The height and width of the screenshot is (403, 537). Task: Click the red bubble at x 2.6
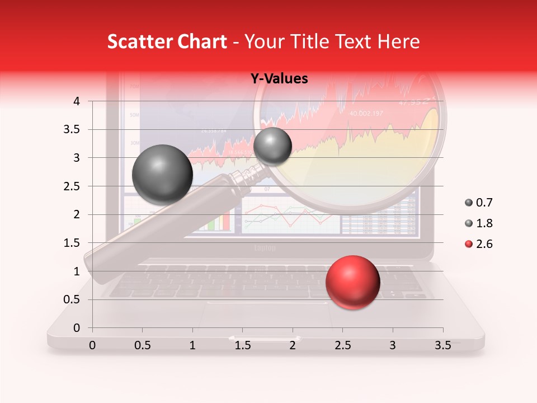coord(352,282)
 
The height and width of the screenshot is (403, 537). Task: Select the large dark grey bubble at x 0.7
coord(162,175)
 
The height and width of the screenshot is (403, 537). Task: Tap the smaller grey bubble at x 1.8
coord(272,146)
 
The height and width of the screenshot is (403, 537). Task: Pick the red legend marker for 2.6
coord(469,244)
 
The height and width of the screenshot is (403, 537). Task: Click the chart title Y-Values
coord(279,79)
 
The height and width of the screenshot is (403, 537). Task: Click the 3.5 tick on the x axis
coord(442,345)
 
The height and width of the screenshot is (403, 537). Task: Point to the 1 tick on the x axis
coord(192,345)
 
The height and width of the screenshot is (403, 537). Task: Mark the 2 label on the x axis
coord(293,345)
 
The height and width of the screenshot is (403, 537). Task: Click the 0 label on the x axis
coord(92,345)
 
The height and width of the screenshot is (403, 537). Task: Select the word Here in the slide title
coord(398,41)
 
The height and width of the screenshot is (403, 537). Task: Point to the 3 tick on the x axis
coord(393,345)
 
